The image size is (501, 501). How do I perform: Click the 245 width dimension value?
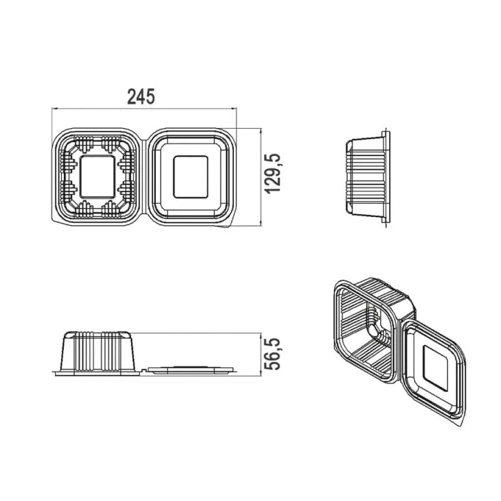(x=141, y=97)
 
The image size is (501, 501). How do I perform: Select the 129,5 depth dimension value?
(x=273, y=173)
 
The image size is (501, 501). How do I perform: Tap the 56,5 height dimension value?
(x=273, y=354)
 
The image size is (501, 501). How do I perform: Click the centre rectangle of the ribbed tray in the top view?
(x=97, y=177)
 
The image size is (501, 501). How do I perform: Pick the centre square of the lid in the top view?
(x=191, y=177)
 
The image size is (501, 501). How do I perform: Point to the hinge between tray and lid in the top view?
(x=144, y=177)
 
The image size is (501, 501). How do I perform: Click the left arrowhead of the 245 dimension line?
(x=54, y=109)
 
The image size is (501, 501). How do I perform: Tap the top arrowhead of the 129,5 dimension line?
(x=261, y=131)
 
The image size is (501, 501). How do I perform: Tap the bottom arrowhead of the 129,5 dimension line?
(x=261, y=223)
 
